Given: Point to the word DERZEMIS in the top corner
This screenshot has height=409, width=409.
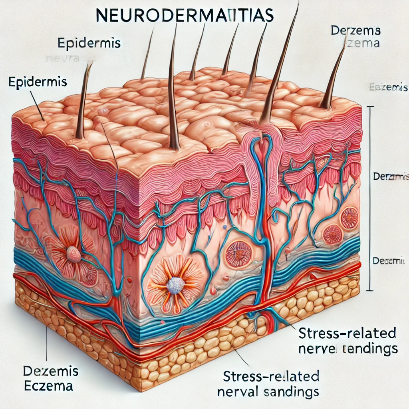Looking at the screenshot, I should [x=355, y=30].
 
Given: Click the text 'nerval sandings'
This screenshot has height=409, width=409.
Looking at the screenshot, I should [x=268, y=391].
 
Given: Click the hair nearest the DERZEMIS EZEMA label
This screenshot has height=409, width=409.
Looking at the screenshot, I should [x=334, y=76].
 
